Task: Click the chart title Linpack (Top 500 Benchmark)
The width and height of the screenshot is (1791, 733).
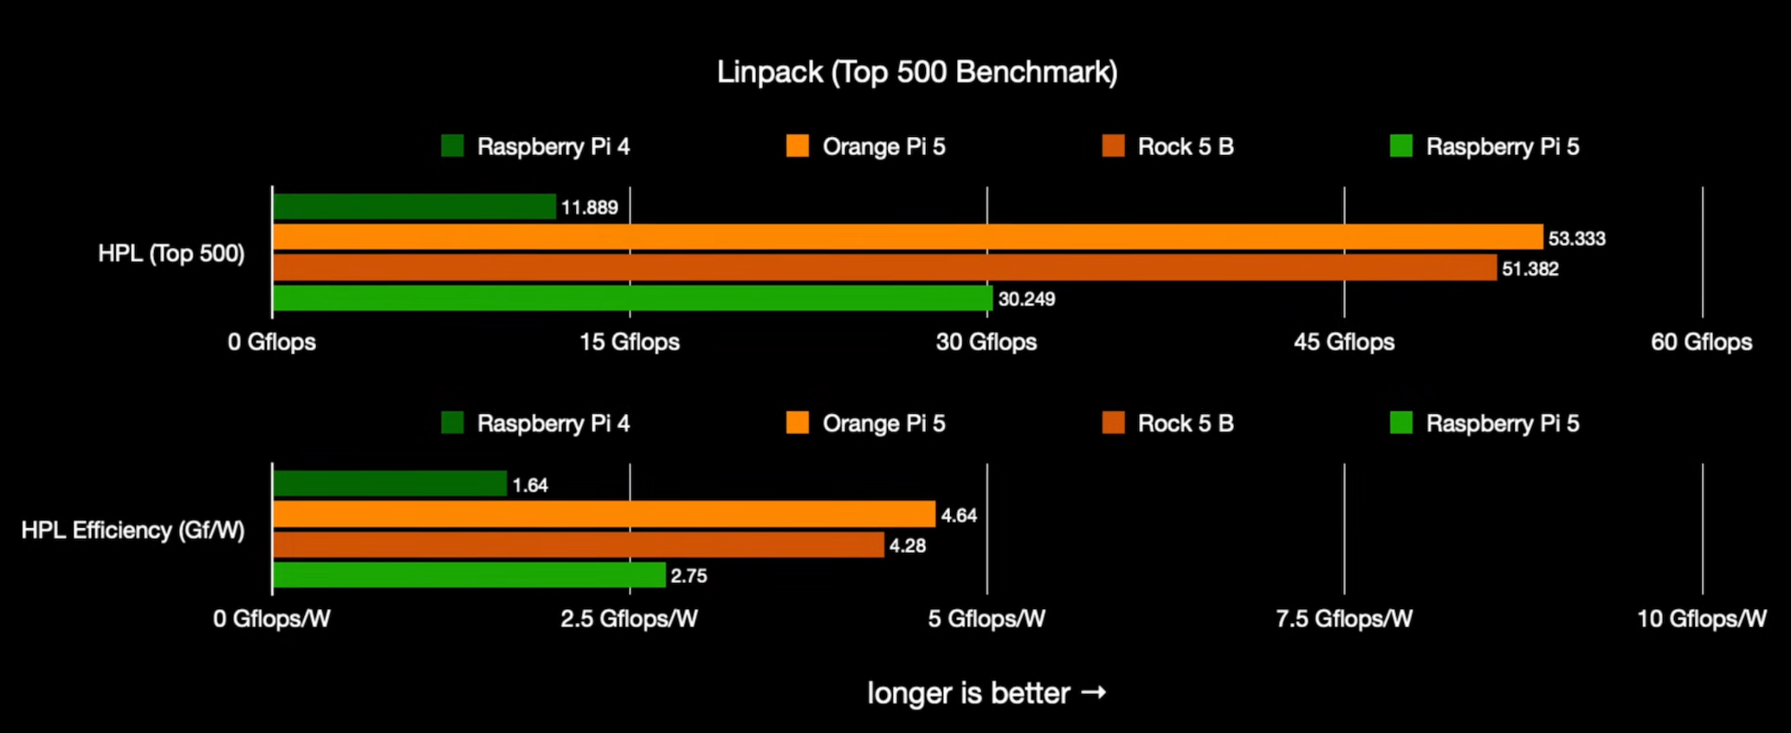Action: click(x=916, y=72)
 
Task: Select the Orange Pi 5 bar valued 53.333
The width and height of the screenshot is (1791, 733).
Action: click(x=908, y=237)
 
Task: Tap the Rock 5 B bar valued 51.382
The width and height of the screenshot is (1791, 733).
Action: click(x=884, y=268)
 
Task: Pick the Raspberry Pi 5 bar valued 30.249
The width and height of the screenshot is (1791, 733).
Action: click(x=632, y=298)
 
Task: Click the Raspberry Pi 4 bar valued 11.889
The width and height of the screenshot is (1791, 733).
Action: click(x=414, y=207)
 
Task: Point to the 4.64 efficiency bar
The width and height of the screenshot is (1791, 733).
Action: click(x=604, y=515)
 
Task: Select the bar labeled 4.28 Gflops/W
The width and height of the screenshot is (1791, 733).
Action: click(x=578, y=545)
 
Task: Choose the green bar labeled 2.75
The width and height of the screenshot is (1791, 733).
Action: click(x=469, y=575)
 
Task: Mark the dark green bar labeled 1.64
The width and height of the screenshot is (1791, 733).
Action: click(x=390, y=484)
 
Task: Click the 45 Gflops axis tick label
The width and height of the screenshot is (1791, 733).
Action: click(x=1344, y=342)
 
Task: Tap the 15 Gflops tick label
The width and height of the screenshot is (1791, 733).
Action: click(x=630, y=342)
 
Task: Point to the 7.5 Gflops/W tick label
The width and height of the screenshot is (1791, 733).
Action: click(x=1344, y=619)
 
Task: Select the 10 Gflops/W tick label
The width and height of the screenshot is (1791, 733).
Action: click(x=1701, y=619)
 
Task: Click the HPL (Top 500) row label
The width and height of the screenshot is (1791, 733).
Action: click(x=171, y=254)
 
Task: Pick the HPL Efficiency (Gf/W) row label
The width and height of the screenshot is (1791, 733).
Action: click(x=133, y=530)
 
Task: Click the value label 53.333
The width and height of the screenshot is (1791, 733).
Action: click(x=1576, y=238)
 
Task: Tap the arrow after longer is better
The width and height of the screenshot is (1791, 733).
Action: click(x=1094, y=692)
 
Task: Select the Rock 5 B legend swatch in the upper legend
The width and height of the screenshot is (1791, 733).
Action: click(x=1113, y=146)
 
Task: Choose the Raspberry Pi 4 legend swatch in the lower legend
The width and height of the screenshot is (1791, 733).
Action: click(x=452, y=423)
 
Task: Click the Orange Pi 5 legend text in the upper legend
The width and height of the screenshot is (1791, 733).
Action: click(x=883, y=146)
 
